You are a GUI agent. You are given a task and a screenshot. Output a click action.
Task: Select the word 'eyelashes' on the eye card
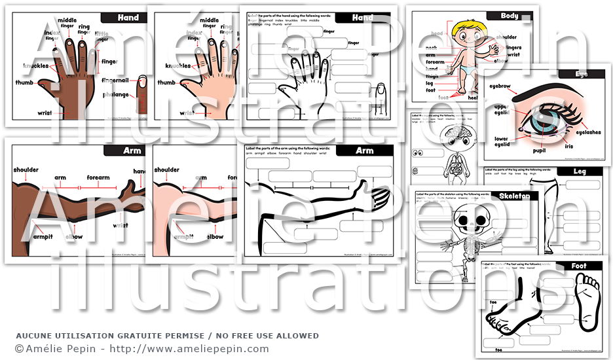(586, 132)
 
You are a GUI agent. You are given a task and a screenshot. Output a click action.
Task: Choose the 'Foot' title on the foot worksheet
(579, 266)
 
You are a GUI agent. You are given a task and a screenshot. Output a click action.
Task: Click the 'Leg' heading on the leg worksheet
(579, 171)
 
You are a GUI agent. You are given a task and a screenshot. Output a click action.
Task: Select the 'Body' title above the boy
(510, 16)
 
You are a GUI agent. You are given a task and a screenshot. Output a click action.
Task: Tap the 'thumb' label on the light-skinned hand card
(166, 83)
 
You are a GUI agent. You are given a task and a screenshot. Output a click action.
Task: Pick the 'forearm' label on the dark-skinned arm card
(98, 177)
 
